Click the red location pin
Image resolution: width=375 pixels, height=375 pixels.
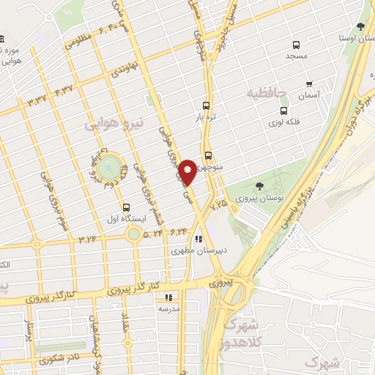pyautogui.click(x=188, y=173)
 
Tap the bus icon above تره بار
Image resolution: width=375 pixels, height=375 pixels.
pyautogui.click(x=207, y=105)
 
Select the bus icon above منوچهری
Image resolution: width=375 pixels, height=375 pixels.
pyautogui.click(x=209, y=155)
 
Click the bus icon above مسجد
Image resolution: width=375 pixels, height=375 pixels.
pyautogui.click(x=296, y=44)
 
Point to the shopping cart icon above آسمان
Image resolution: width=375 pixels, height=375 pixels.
pyautogui.click(x=310, y=84)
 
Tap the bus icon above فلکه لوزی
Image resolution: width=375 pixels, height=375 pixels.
pyautogui.click(x=283, y=111)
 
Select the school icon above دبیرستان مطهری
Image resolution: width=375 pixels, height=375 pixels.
pyautogui.click(x=198, y=238)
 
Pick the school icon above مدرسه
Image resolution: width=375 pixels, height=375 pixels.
pyautogui.click(x=168, y=297)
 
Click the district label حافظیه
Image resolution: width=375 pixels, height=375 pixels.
pyautogui.click(x=263, y=93)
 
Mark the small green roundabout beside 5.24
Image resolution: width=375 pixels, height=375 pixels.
pyautogui.click(x=133, y=234)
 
